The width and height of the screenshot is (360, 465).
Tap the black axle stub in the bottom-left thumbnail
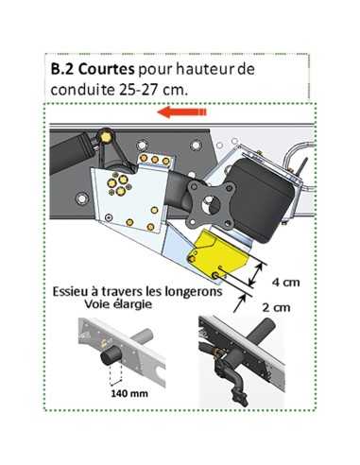coord(113,356)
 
